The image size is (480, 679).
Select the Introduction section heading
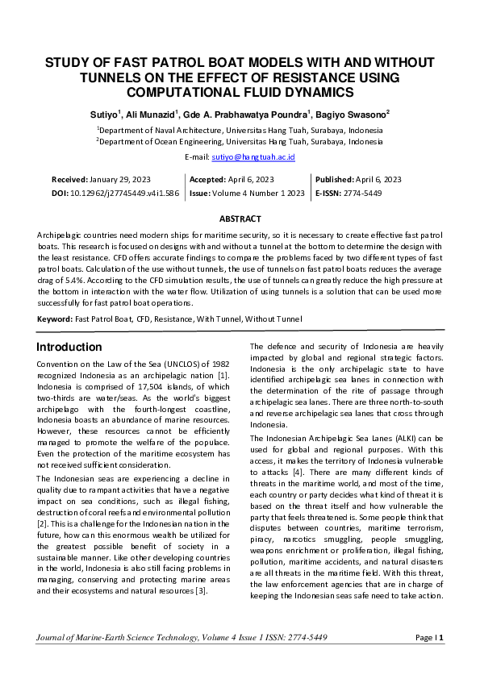[x=69, y=348]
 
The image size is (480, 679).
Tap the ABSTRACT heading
[x=240, y=219]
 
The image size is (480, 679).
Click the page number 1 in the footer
[x=441, y=660]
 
